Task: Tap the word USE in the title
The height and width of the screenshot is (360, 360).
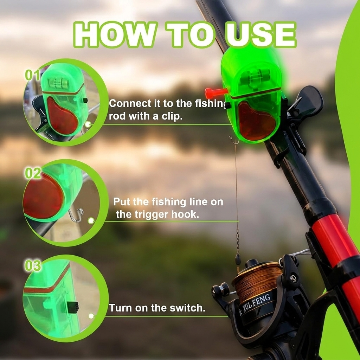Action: (261, 35)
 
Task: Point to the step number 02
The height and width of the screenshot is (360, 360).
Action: (33, 173)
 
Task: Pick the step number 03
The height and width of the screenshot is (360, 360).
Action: (33, 266)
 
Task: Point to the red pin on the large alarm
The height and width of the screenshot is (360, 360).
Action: (216, 92)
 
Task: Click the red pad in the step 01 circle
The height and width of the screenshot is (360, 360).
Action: (62, 116)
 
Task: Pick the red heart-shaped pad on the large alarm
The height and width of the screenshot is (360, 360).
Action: (256, 121)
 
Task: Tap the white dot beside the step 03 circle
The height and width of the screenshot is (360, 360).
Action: (91, 316)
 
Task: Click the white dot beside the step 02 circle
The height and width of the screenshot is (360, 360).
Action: (91, 221)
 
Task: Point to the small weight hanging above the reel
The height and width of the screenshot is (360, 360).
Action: (238, 260)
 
